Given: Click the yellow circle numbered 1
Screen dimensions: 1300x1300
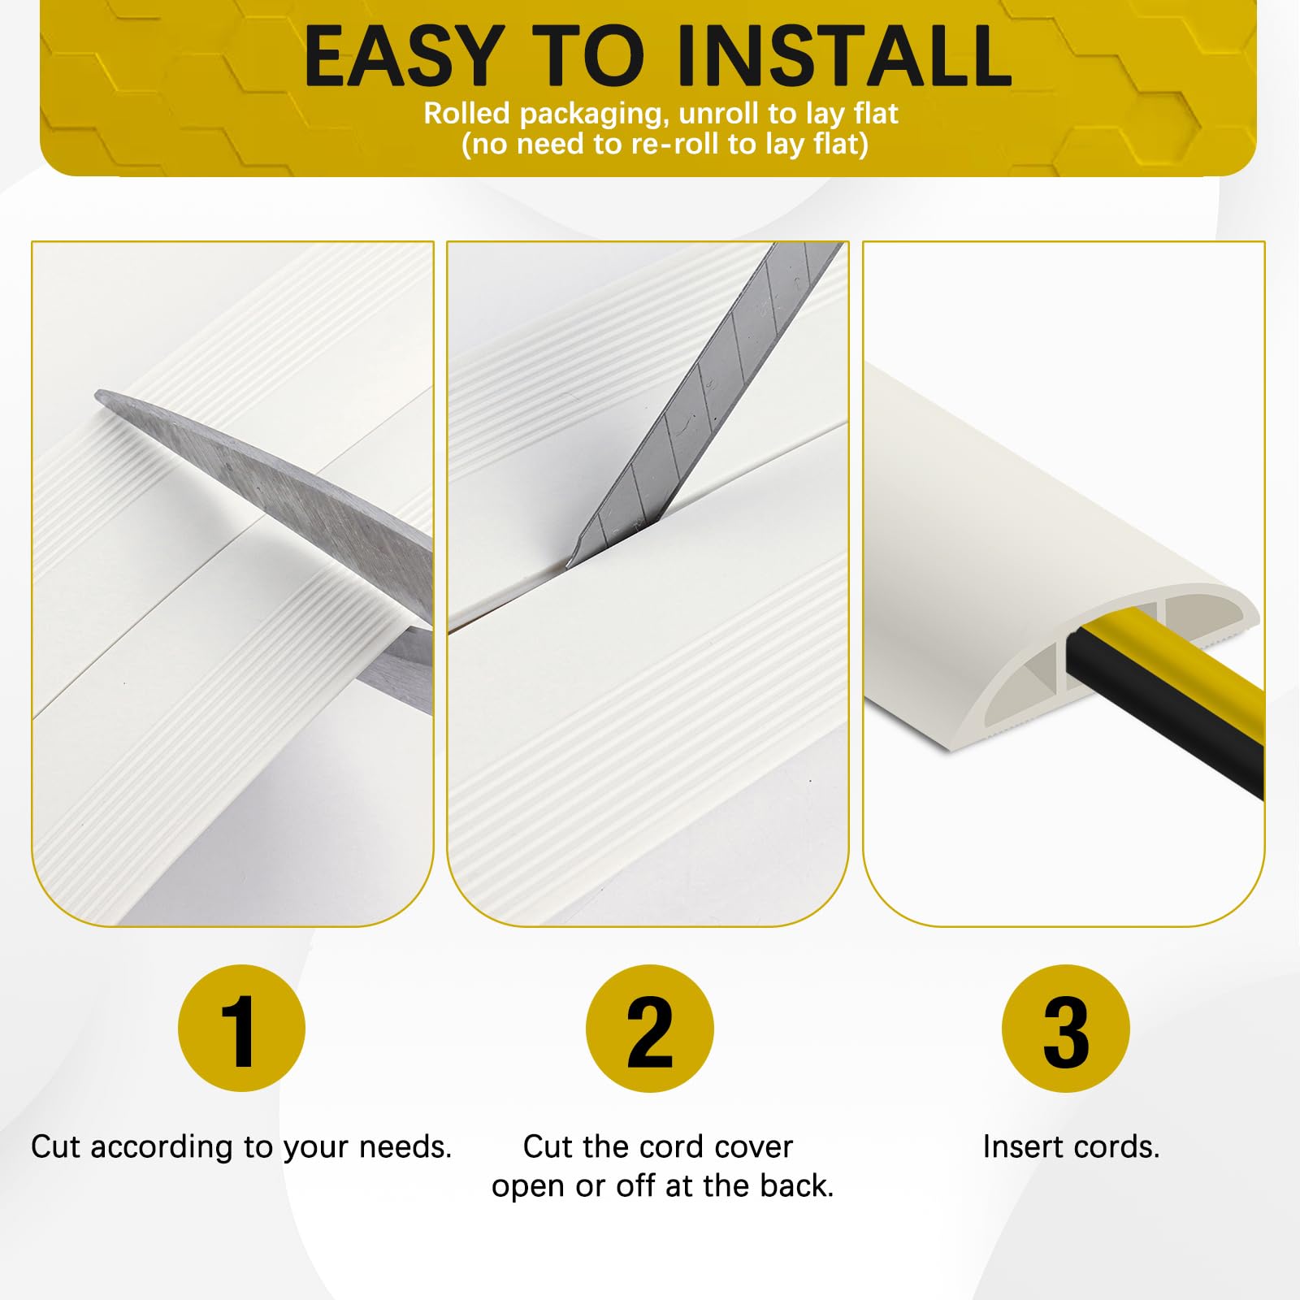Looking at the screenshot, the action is pos(241,1029).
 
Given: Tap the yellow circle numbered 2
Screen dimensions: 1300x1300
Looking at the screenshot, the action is pos(650,1029).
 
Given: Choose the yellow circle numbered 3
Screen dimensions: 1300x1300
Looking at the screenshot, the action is pos(1065,1029).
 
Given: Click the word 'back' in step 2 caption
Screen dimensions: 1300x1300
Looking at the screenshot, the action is pos(797,1186).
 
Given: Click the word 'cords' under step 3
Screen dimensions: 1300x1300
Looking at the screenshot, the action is pos(1117,1147).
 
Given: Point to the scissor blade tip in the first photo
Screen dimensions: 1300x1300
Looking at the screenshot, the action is pos(97,396).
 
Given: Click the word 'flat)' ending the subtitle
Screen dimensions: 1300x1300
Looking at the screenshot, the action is pos(841,144).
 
